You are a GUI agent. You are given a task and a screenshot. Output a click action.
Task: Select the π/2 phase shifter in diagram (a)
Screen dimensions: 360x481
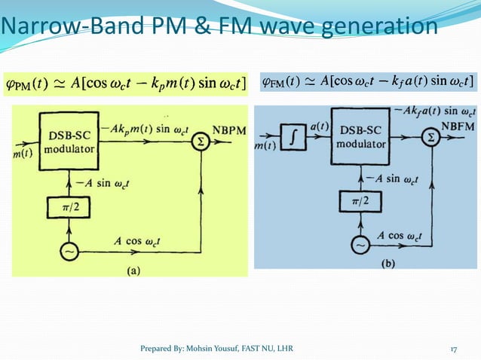coord(67,207)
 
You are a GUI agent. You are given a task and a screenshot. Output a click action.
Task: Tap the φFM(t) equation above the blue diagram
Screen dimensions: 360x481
coord(366,81)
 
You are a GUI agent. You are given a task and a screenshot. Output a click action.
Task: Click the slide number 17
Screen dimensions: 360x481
coord(455,347)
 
